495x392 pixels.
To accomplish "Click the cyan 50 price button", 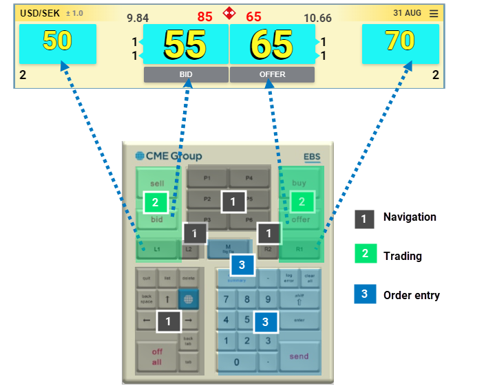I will tap(57, 43).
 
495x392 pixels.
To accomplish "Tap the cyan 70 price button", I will tap(400, 43).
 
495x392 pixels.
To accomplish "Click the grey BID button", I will tap(186, 75).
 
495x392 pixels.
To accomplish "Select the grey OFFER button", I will tap(272, 75).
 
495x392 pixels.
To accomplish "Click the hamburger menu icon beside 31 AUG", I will tap(433, 13).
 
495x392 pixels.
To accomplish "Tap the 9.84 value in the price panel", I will tap(138, 18).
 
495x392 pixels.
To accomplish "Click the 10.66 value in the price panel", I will tap(317, 18).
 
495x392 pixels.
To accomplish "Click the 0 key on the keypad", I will tap(237, 362).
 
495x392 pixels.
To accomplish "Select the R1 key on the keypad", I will tap(299, 249).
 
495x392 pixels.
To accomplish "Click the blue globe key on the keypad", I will tap(188, 299).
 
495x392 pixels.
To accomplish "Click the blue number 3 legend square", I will tap(365, 294).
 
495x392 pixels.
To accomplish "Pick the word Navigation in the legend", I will tap(410, 217).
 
